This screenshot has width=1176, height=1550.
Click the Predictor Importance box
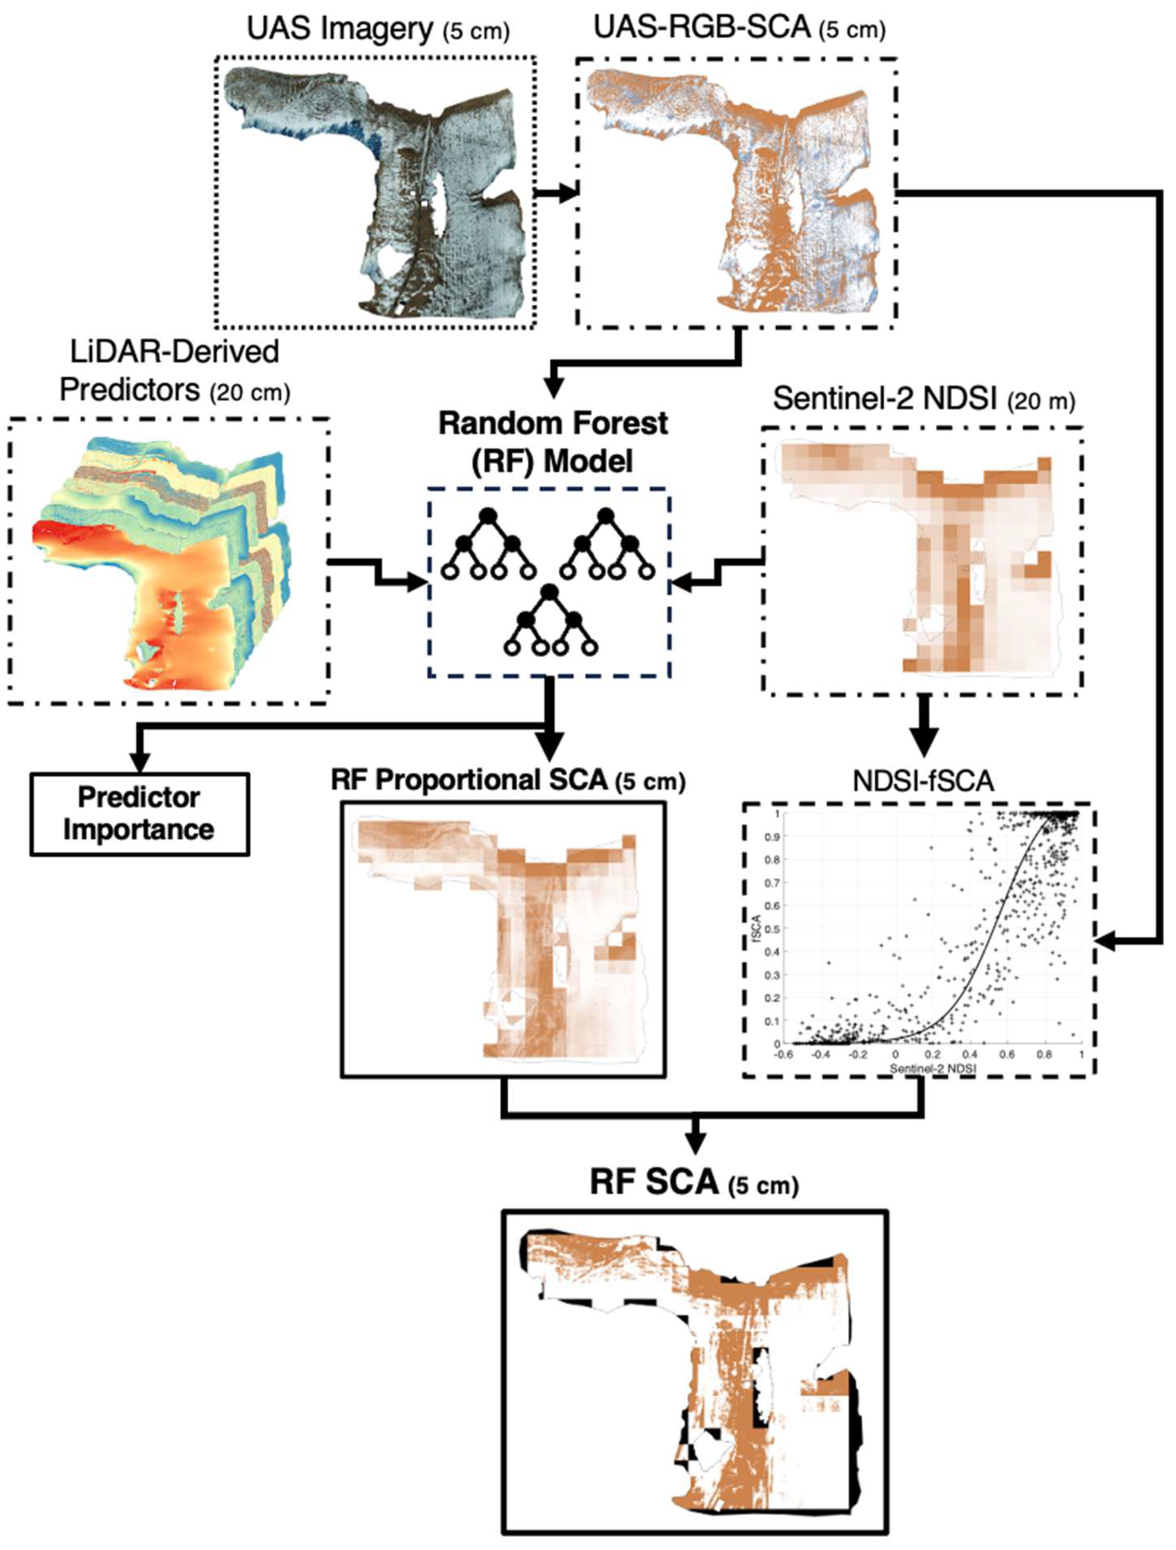point(139,814)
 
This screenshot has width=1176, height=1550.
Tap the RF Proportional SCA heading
point(508,780)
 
